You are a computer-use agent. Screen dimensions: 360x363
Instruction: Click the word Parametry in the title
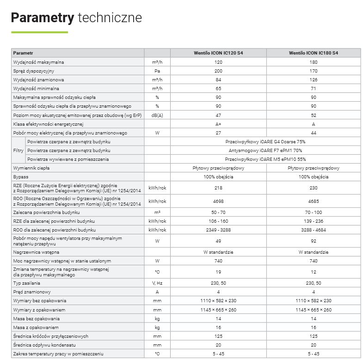click(42, 18)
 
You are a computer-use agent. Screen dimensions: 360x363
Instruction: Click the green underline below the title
click(39, 32)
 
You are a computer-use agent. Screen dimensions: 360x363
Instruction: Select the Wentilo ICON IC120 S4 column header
click(218, 53)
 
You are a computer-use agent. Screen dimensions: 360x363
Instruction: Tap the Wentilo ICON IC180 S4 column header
click(314, 53)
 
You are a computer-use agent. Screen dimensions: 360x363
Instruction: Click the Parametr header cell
click(23, 53)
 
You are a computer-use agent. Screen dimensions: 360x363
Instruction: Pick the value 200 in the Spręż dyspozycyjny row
click(218, 71)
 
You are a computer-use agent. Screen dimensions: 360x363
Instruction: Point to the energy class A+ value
click(218, 124)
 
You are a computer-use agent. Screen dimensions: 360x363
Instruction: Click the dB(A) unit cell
click(157, 115)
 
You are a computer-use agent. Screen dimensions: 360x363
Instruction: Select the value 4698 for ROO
click(218, 201)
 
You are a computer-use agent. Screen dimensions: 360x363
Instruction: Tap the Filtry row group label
click(18, 151)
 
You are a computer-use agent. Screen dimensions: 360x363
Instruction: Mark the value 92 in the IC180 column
click(314, 240)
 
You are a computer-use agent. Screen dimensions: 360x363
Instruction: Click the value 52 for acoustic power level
click(314, 115)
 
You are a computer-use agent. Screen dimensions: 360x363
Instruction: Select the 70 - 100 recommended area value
click(314, 213)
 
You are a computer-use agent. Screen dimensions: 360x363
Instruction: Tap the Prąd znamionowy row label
click(32, 292)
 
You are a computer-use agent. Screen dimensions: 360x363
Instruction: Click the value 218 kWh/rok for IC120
click(218, 188)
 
